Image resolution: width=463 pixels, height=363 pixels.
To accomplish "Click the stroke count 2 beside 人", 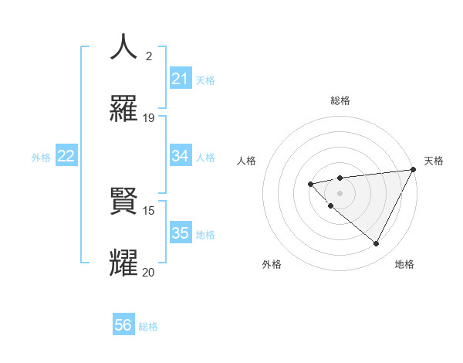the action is (149, 56).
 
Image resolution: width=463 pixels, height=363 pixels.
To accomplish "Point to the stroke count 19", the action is (149, 117).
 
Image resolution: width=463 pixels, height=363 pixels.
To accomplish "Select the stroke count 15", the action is (149, 210).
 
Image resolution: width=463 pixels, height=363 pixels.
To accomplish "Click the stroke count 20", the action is (149, 271).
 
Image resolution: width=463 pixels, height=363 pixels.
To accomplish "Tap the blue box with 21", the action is (181, 79).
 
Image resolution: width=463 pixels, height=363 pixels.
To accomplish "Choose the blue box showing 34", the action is (181, 156).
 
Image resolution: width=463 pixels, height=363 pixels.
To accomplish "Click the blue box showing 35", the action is (181, 233).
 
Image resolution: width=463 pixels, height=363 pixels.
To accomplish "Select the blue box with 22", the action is (66, 156).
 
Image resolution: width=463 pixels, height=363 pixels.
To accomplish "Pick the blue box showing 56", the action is (123, 325).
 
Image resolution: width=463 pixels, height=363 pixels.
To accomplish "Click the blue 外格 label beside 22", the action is (41, 158).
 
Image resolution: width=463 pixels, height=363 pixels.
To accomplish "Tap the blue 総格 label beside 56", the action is (148, 327).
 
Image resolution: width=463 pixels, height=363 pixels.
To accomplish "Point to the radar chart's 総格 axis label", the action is (340, 100).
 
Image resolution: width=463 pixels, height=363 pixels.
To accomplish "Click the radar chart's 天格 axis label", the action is (434, 161).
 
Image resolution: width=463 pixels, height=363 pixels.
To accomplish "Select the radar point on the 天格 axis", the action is (414, 170).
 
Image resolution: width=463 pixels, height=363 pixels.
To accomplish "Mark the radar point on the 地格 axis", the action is (377, 244).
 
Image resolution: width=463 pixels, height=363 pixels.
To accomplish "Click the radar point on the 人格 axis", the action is (310, 184).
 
